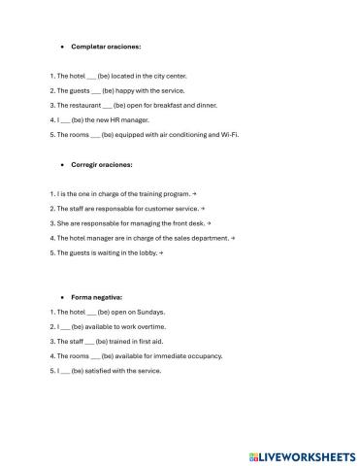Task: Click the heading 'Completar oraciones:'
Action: [x=106, y=47]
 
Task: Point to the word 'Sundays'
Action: [x=151, y=313]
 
